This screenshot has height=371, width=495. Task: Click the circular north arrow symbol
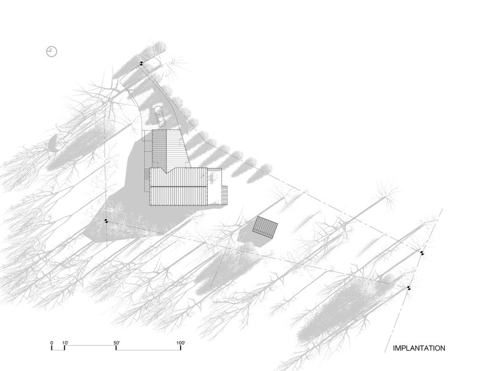tap(51, 51)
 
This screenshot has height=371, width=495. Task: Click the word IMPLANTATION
tap(419, 348)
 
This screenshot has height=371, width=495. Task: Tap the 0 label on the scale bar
tap(52, 343)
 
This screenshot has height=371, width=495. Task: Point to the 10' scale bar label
tap(66, 343)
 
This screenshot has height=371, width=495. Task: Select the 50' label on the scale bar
tap(117, 343)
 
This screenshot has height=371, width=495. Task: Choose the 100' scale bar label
tap(181, 343)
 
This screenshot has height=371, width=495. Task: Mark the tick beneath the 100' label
tap(181, 348)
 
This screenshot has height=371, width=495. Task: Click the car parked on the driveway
tap(159, 116)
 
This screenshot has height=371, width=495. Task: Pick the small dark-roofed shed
tap(265, 227)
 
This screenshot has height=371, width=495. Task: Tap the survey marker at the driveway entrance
tap(141, 64)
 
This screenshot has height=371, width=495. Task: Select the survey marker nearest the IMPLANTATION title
tap(408, 288)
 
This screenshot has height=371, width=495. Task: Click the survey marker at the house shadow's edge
tap(106, 221)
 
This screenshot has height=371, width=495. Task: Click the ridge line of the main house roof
tap(178, 187)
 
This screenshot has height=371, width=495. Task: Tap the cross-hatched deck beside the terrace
tap(225, 195)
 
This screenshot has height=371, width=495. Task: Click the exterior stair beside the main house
tap(147, 180)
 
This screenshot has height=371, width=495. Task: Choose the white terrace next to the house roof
tap(214, 186)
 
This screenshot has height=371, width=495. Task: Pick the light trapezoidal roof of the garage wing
tap(177, 148)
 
